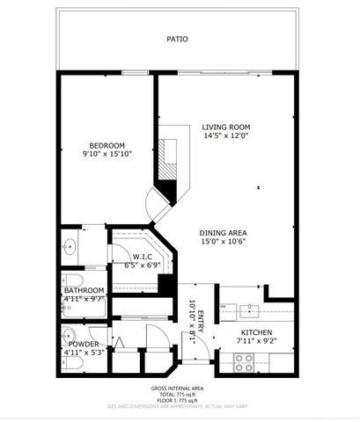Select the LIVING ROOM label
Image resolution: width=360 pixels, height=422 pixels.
tap(227, 127)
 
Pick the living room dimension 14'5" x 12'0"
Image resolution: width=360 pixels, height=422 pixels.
tap(227, 136)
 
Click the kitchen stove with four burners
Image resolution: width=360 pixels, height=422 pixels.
tap(243, 360)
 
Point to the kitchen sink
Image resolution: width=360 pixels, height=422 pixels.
tap(247, 309)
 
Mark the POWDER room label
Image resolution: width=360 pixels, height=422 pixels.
tap(83, 344)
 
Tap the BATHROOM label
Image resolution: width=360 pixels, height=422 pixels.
tap(84, 290)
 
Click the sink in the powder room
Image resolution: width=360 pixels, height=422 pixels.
tap(68, 335)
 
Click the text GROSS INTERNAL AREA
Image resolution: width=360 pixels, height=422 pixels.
tap(180, 387)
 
